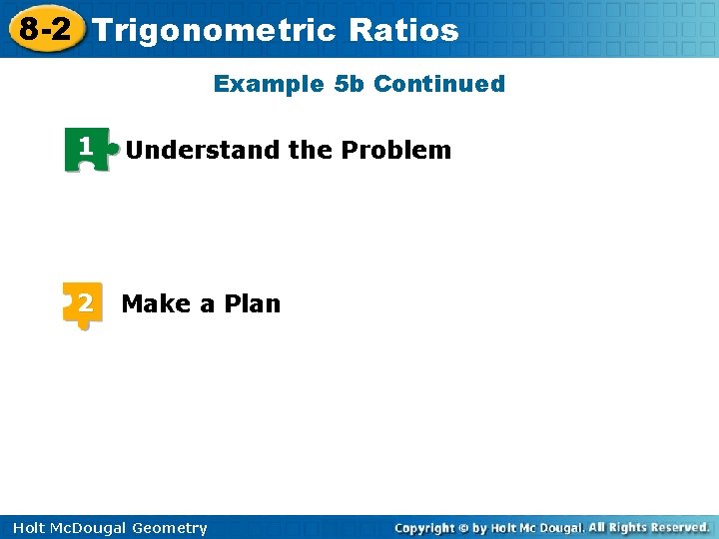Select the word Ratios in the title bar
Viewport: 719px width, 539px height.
tap(404, 30)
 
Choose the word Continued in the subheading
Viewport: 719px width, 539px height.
tap(439, 84)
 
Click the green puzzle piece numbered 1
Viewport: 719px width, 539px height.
tap(87, 149)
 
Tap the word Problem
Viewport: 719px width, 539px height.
tap(396, 151)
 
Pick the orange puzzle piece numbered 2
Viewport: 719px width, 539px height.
tap(83, 303)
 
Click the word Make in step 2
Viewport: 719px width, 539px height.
tap(157, 303)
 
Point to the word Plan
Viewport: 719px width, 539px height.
tap(253, 303)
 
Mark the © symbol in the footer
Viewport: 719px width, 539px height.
tap(464, 528)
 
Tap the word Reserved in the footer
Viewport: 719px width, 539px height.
tap(676, 527)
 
